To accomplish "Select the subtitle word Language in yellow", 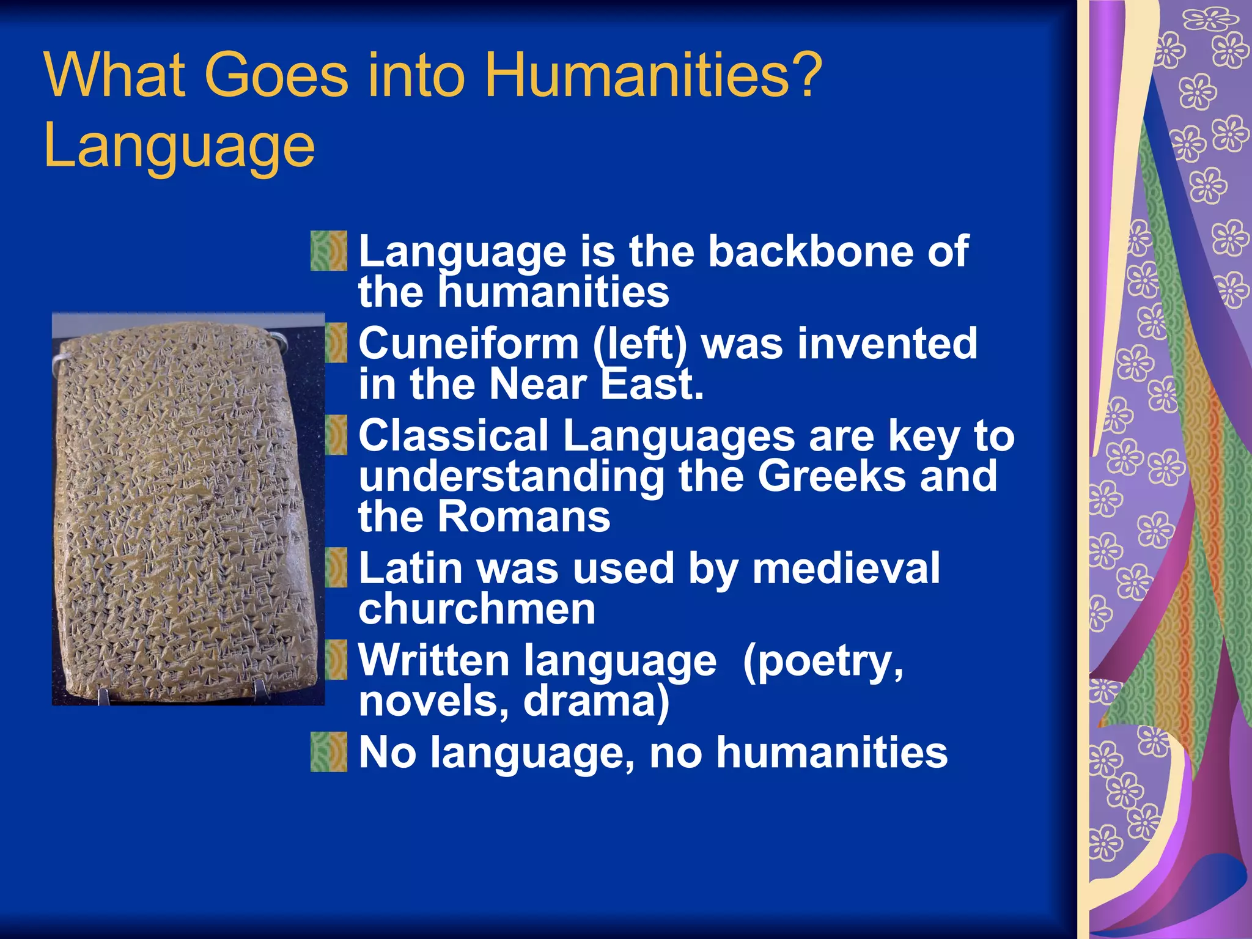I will (x=179, y=147).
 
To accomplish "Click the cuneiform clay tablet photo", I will (x=187, y=509).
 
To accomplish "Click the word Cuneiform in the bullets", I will (x=468, y=343).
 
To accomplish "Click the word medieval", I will (x=845, y=568).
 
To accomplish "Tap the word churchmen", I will (x=477, y=609).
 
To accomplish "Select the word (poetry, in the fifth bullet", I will (x=823, y=661).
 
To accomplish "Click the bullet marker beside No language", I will (x=329, y=751).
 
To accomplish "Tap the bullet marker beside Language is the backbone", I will (x=329, y=251).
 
